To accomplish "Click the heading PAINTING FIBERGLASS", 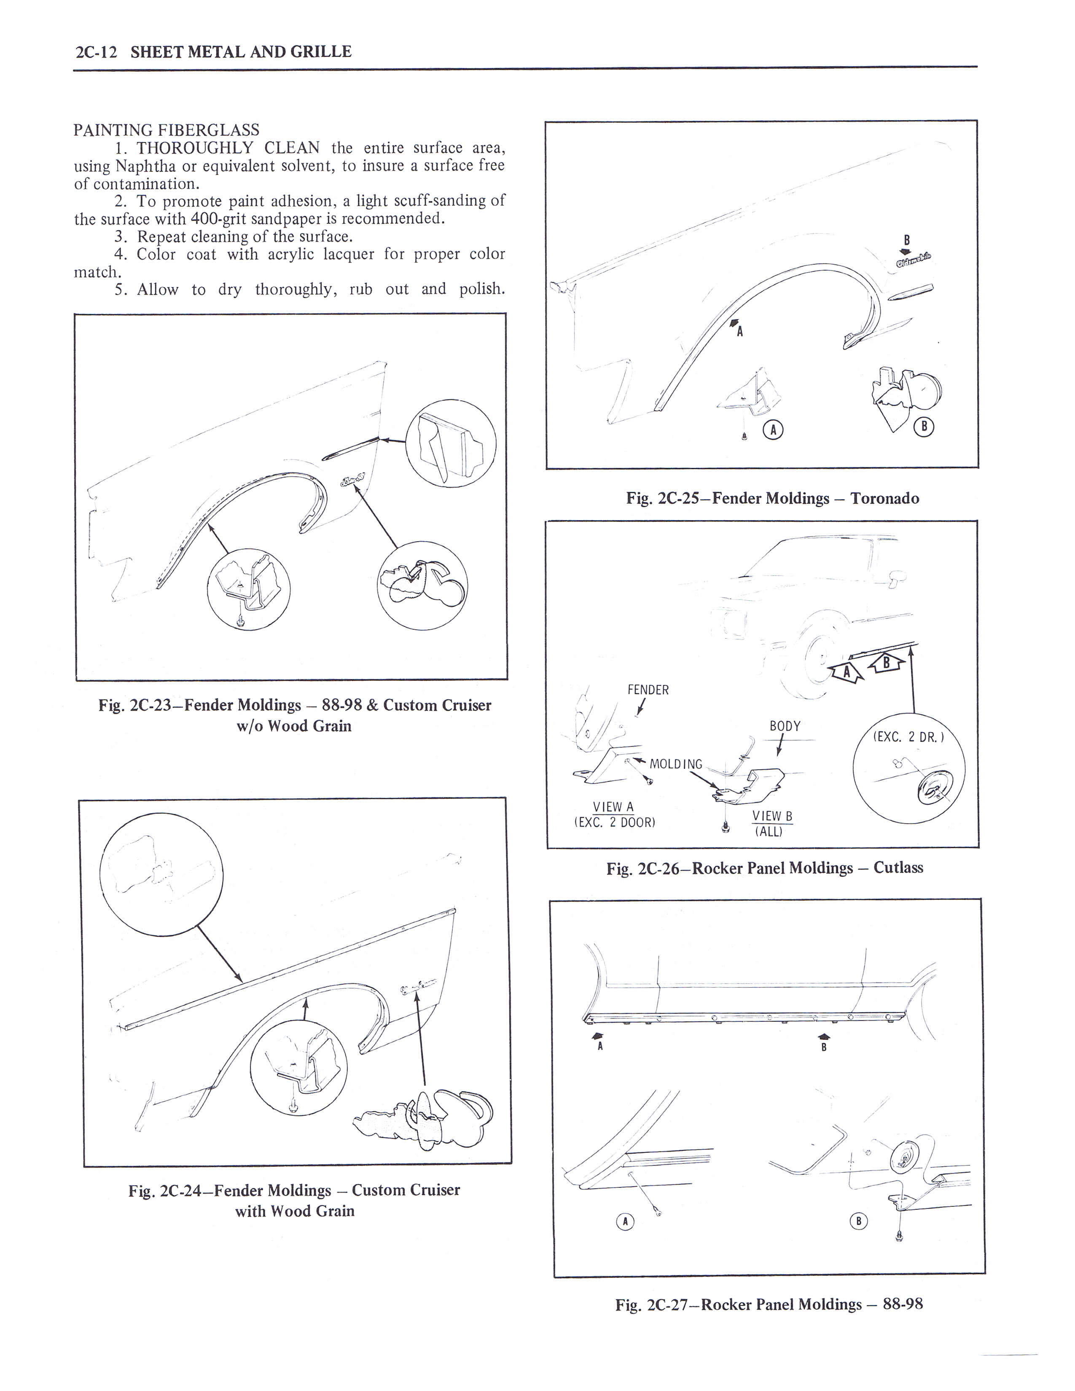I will [166, 130].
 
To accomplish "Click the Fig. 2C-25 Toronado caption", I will [772, 498].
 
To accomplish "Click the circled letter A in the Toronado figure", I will [774, 430].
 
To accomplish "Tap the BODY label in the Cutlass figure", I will [785, 726].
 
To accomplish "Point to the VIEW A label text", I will [613, 808].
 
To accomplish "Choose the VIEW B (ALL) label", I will [772, 824].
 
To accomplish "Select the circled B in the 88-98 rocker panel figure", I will [858, 1221].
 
